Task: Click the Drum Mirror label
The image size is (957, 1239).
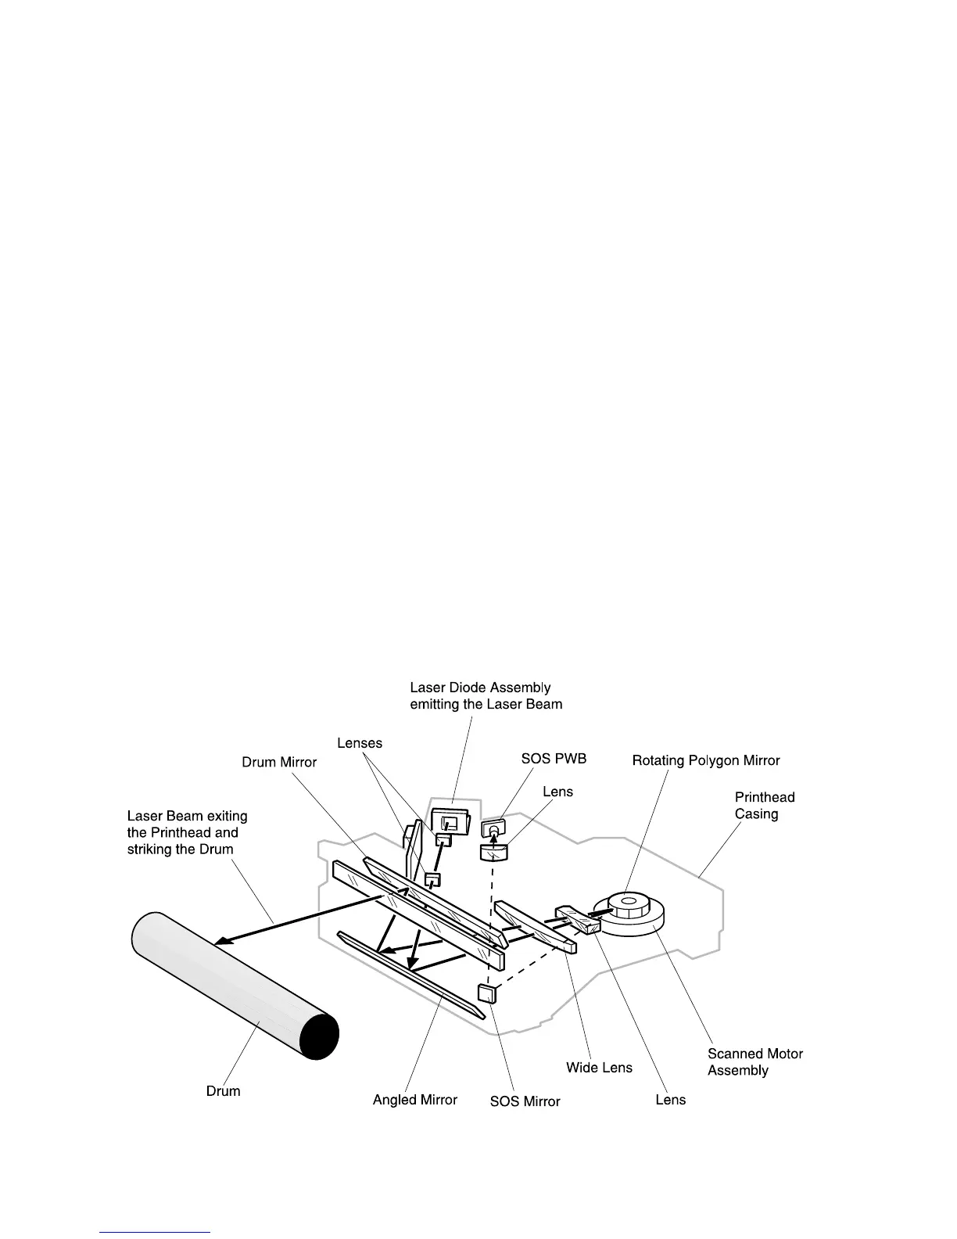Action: click(x=279, y=763)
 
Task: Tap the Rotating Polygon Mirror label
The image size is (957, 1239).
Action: click(x=705, y=760)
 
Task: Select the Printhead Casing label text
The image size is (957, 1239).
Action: click(x=764, y=806)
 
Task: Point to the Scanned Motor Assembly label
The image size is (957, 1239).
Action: click(x=754, y=1062)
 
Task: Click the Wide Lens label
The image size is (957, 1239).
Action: click(x=599, y=1068)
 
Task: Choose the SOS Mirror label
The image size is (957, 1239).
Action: click(x=525, y=1101)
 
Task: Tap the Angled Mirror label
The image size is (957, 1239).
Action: click(x=414, y=1100)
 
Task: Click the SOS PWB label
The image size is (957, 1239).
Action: click(x=554, y=759)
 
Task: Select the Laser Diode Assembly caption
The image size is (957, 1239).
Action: click(x=486, y=695)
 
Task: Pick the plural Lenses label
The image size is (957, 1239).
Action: click(x=360, y=742)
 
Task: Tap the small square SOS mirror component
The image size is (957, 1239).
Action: click(x=487, y=993)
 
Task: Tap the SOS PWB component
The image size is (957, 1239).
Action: click(x=493, y=827)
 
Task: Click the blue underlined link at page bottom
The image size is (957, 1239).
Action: click(x=156, y=1233)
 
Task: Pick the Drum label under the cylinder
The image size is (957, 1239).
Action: click(x=223, y=1091)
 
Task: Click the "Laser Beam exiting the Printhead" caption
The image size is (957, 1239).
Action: click(x=187, y=832)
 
